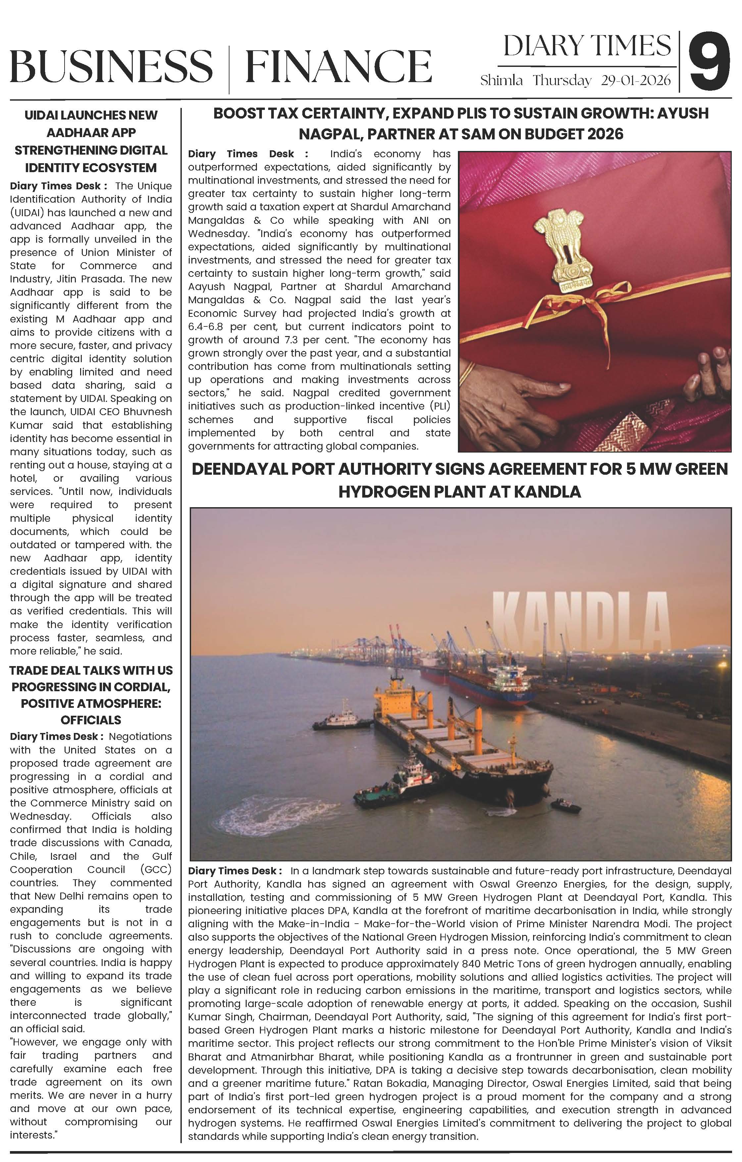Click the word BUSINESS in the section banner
(x=111, y=67)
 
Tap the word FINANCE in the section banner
(x=338, y=67)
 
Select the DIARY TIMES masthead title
(x=587, y=46)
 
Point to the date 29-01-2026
(x=636, y=80)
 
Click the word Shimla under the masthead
(x=501, y=80)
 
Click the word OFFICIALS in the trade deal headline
(x=91, y=720)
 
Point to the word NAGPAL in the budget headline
(x=327, y=134)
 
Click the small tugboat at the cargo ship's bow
(x=401, y=787)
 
